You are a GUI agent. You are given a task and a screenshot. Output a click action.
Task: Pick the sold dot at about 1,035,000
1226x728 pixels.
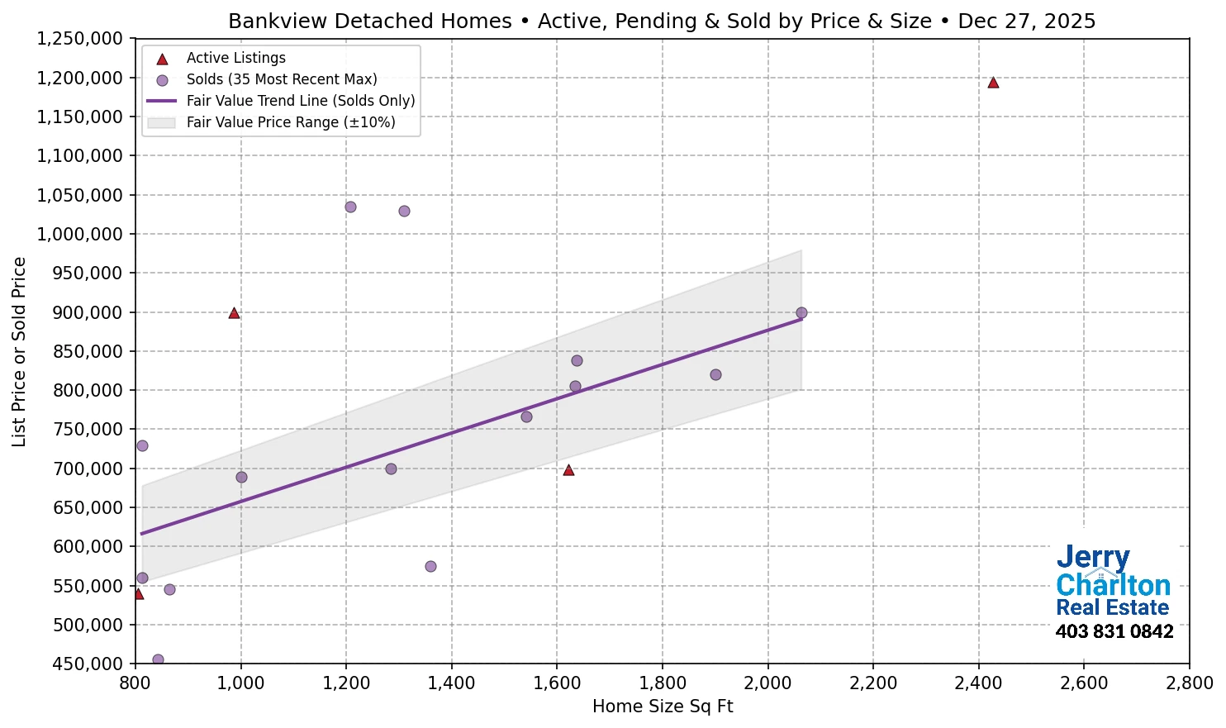tap(350, 207)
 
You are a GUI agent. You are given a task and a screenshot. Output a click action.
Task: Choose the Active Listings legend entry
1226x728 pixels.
tap(235, 58)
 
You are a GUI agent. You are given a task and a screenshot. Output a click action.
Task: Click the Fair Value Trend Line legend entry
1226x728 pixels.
tap(300, 101)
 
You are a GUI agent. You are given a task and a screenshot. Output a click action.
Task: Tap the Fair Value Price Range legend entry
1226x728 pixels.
tap(290, 122)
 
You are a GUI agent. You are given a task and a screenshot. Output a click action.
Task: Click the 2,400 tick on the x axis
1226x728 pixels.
tap(978, 683)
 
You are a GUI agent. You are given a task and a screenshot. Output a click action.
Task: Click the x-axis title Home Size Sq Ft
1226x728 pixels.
tap(663, 707)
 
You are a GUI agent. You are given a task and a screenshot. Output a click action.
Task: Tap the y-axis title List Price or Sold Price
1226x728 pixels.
tap(19, 351)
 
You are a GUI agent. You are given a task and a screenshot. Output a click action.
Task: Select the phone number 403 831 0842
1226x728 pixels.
tap(1114, 632)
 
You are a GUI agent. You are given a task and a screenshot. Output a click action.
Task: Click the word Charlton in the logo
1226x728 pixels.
tap(1113, 585)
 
